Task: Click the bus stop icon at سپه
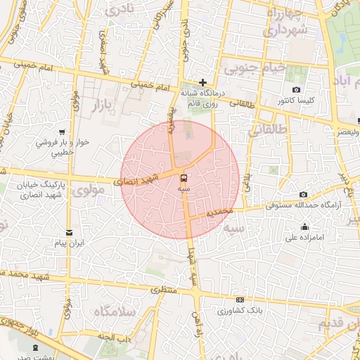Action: coord(184,178)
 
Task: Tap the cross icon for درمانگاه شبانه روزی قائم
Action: coord(203,82)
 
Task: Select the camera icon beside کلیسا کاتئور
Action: coord(296,90)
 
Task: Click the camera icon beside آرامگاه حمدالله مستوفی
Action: coord(303,194)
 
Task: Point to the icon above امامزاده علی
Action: coord(304,226)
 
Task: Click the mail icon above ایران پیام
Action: coord(69,233)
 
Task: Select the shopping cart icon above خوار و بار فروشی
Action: coord(63,131)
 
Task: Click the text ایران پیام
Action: coord(70,243)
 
